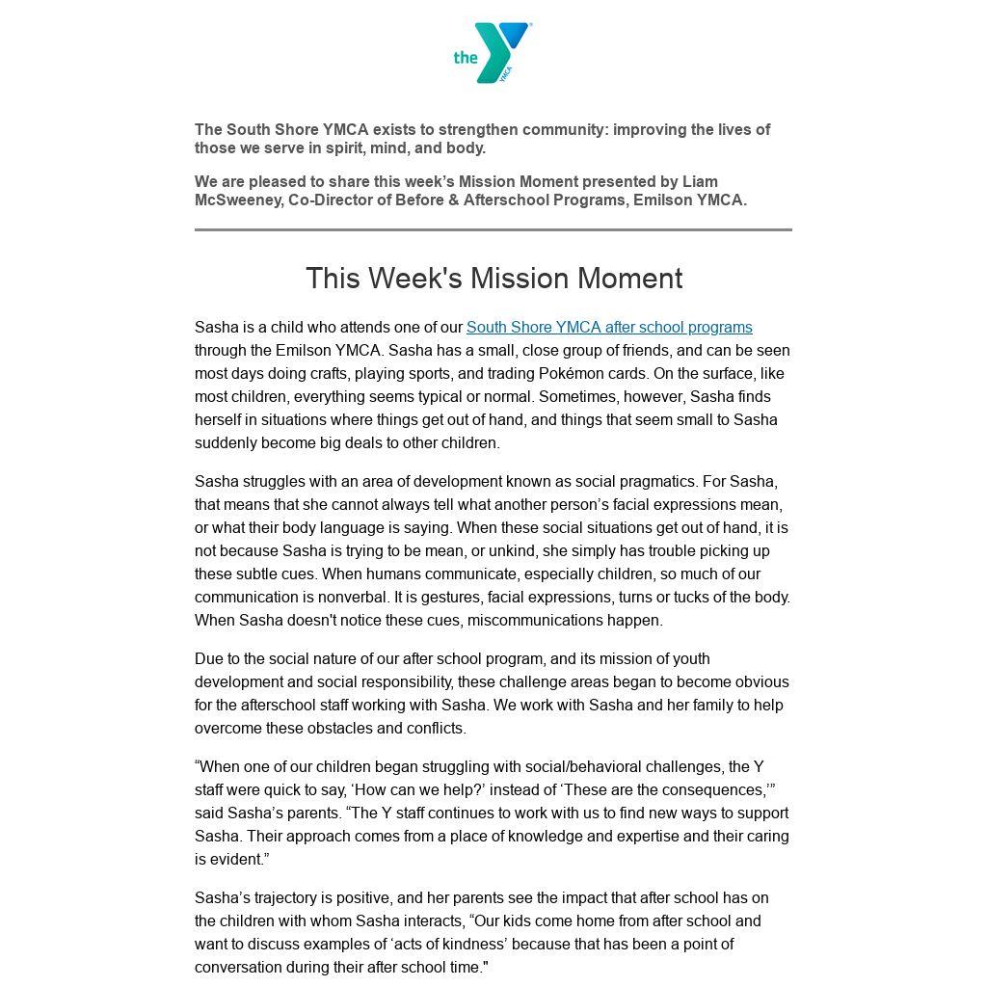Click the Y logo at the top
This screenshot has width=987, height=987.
(493, 53)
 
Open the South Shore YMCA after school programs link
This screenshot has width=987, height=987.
(609, 327)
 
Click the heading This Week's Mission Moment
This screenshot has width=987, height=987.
(493, 279)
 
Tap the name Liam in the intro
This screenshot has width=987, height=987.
(700, 181)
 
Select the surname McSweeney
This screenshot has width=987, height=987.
(237, 200)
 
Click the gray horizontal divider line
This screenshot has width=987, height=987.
(493, 229)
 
